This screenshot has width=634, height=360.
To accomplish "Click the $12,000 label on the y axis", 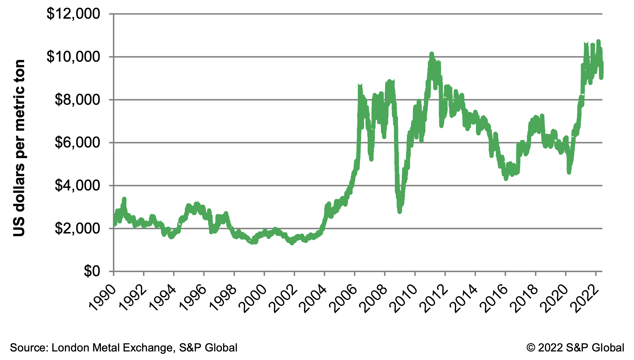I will pyautogui.click(x=73, y=14).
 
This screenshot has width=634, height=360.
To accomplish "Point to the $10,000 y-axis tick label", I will pyautogui.click(x=73, y=57).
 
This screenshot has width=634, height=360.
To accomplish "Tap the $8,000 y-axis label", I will pyautogui.click(x=77, y=100).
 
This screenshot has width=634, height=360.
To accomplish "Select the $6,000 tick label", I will pyautogui.click(x=77, y=143).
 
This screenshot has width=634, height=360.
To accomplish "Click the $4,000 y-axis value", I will pyautogui.click(x=77, y=186).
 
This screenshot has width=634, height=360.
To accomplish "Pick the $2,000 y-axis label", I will pyautogui.click(x=77, y=228).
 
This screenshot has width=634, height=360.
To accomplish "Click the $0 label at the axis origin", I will pyautogui.click(x=92, y=271).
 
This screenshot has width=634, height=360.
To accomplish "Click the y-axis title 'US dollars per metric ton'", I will pyautogui.click(x=19, y=148).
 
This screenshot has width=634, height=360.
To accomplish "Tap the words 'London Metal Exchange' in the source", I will pyautogui.click(x=112, y=348).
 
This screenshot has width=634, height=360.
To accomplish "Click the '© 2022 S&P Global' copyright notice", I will pyautogui.click(x=575, y=348).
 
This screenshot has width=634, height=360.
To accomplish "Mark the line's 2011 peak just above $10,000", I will pyautogui.click(x=431, y=54).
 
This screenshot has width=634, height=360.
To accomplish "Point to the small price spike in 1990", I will pyautogui.click(x=124, y=199).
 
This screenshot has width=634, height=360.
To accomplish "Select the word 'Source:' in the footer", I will pyautogui.click(x=29, y=348).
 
